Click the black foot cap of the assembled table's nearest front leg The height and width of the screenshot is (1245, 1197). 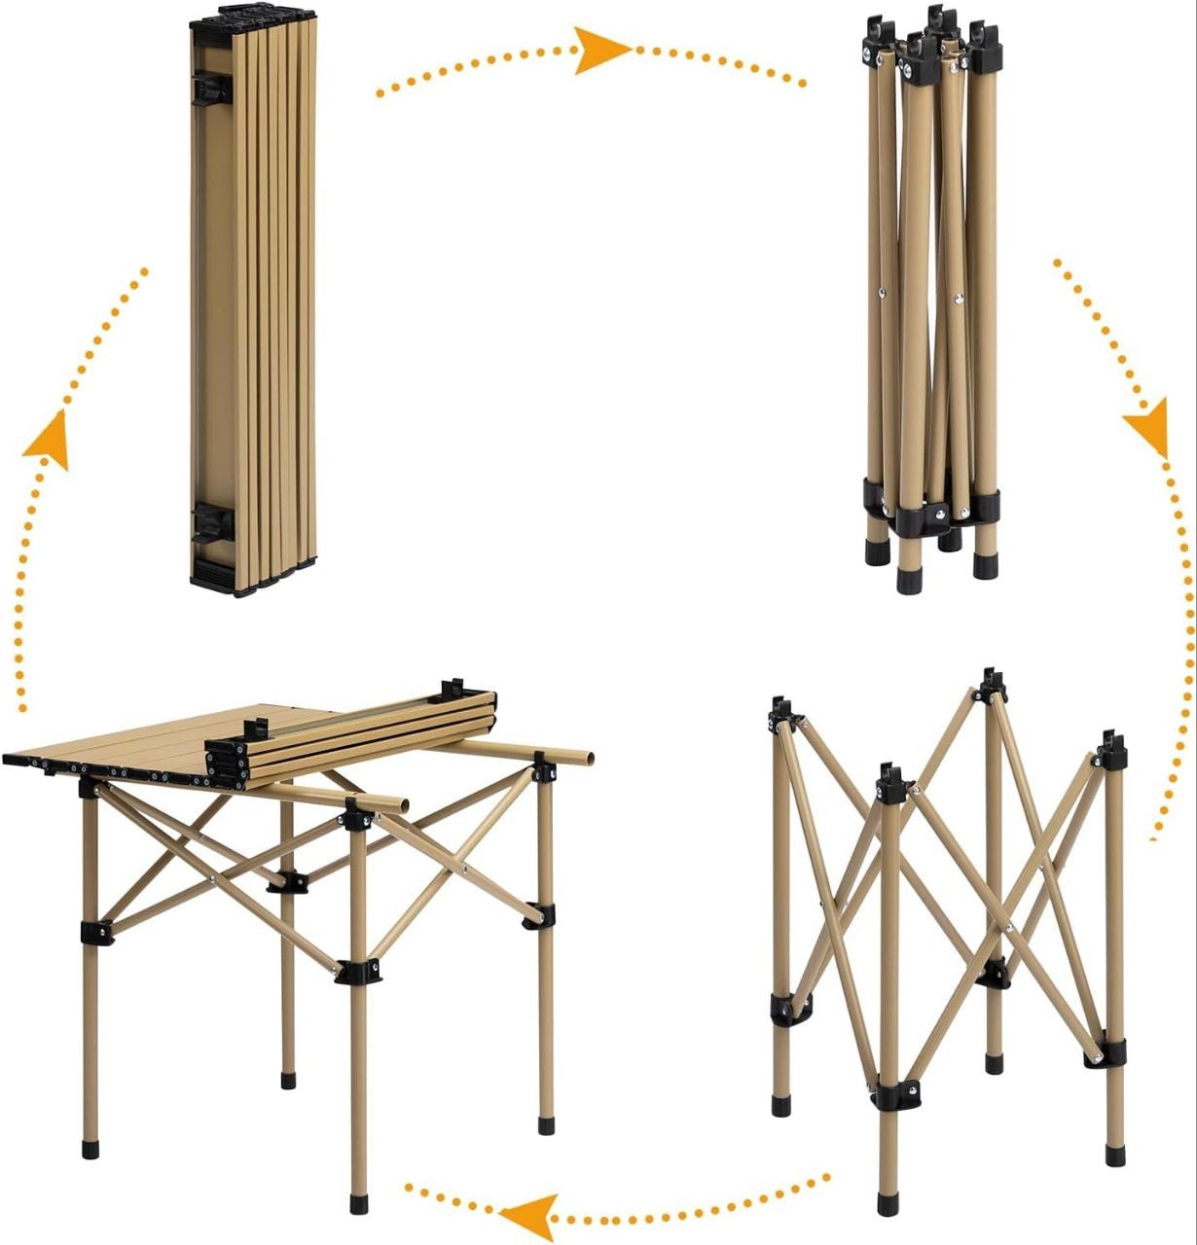tap(359, 1204)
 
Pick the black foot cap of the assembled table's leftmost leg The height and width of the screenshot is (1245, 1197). tap(91, 1148)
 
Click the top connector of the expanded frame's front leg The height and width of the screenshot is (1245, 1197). tap(891, 783)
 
